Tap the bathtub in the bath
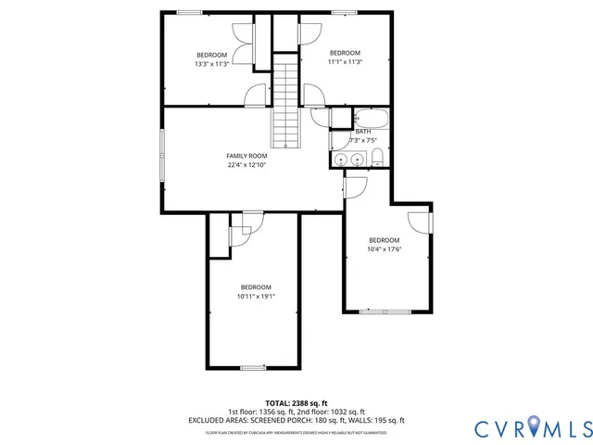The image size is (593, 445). point(372,119)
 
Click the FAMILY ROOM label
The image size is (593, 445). point(247,156)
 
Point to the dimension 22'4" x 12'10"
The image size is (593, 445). point(247,165)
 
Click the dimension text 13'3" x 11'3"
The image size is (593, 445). point(212,64)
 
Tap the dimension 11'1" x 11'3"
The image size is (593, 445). point(345,62)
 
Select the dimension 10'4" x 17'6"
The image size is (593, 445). point(384,248)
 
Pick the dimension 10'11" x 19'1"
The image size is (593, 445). point(256,296)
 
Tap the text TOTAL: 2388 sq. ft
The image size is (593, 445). point(296,403)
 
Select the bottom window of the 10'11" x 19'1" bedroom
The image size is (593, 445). point(253,368)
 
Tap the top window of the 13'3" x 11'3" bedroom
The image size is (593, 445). point(191,13)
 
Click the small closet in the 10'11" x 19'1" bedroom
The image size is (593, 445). point(219,237)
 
